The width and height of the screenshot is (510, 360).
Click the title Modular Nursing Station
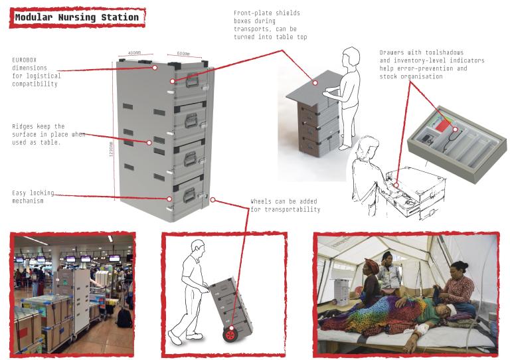pyautogui.click(x=77, y=17)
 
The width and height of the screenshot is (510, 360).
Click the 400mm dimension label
pyautogui.click(x=134, y=52)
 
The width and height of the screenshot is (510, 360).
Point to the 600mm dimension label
pyautogui.click(x=183, y=53)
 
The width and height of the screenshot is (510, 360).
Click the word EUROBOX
pyautogui.click(x=25, y=60)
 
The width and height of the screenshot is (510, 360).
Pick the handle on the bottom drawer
pyautogui.click(x=189, y=195)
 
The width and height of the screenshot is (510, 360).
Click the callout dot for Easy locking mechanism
pyautogui.click(x=169, y=199)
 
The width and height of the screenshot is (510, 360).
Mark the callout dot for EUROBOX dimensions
pyautogui.click(x=155, y=68)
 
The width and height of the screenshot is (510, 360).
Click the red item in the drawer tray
pyautogui.click(x=443, y=126)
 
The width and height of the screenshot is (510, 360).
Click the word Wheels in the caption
pyautogui.click(x=261, y=202)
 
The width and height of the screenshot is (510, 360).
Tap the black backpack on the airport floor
pyautogui.click(x=124, y=317)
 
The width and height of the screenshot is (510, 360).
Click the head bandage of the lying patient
pyautogui.click(x=452, y=310)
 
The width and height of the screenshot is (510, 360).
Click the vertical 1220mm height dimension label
pyautogui.click(x=112, y=149)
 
